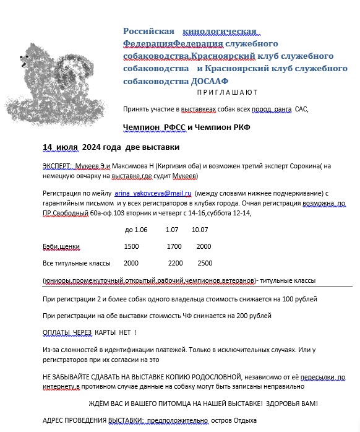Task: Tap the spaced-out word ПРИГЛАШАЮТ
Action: click(x=227, y=92)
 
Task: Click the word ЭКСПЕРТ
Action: click(x=58, y=166)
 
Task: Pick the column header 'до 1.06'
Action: click(x=136, y=230)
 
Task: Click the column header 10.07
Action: click(x=200, y=230)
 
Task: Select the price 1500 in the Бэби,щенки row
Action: click(x=132, y=246)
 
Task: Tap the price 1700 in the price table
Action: click(x=174, y=246)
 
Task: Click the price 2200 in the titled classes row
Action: click(x=176, y=262)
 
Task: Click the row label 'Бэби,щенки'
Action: click(x=61, y=246)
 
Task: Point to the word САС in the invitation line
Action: click(x=301, y=110)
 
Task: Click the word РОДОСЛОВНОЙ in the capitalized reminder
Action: click(x=197, y=376)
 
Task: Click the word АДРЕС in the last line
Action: click(x=54, y=420)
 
